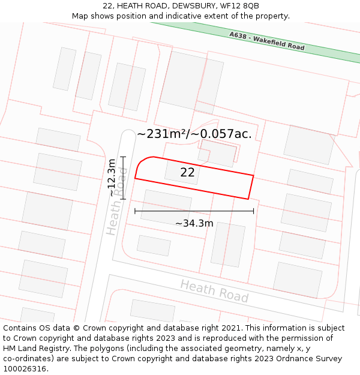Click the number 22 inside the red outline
pyautogui.click(x=187, y=173)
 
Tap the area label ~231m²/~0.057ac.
pyautogui.click(x=194, y=134)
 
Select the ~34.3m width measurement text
pyautogui.click(x=194, y=223)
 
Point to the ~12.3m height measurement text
pyautogui.click(x=112, y=178)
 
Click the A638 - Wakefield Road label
pyautogui.click(x=266, y=41)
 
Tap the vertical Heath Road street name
pyautogui.click(x=117, y=201)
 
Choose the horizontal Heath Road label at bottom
pyautogui.click(x=214, y=291)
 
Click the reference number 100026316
pyautogui.click(x=25, y=368)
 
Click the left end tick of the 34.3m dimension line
pyautogui.click(x=135, y=211)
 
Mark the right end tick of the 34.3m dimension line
pyautogui.click(x=254, y=211)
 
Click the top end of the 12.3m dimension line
pyautogui.click(x=122, y=157)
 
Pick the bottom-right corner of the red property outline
pyautogui.click(x=248, y=199)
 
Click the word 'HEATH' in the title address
pyautogui.click(x=130, y=6)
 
